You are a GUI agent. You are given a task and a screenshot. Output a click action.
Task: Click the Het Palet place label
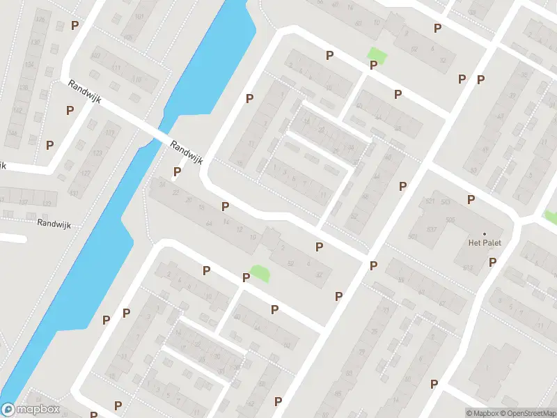(485, 243)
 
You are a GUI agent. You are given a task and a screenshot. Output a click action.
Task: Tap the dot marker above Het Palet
(485, 233)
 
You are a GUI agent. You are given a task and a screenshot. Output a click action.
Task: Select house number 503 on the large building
(446, 202)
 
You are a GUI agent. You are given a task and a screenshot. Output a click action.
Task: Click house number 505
(450, 219)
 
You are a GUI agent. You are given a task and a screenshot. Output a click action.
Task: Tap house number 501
(412, 238)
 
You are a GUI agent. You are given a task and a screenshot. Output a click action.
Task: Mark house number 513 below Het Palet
(467, 268)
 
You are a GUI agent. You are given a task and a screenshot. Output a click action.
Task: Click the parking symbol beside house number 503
(471, 200)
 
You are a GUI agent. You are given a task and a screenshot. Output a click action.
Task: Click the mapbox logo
(30, 410)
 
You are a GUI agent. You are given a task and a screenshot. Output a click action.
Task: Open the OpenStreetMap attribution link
(526, 413)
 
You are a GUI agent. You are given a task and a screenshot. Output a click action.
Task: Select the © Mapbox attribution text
(483, 413)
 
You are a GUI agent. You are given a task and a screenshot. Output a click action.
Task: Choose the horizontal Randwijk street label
(54, 224)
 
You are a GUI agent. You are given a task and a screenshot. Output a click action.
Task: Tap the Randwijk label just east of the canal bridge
(186, 151)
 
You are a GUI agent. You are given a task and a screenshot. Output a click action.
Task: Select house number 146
(12, 134)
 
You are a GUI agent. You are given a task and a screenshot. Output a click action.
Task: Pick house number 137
(24, 203)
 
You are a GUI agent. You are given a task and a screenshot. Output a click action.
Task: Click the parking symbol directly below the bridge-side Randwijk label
(177, 172)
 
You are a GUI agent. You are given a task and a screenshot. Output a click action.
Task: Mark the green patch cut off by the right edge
(551, 217)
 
